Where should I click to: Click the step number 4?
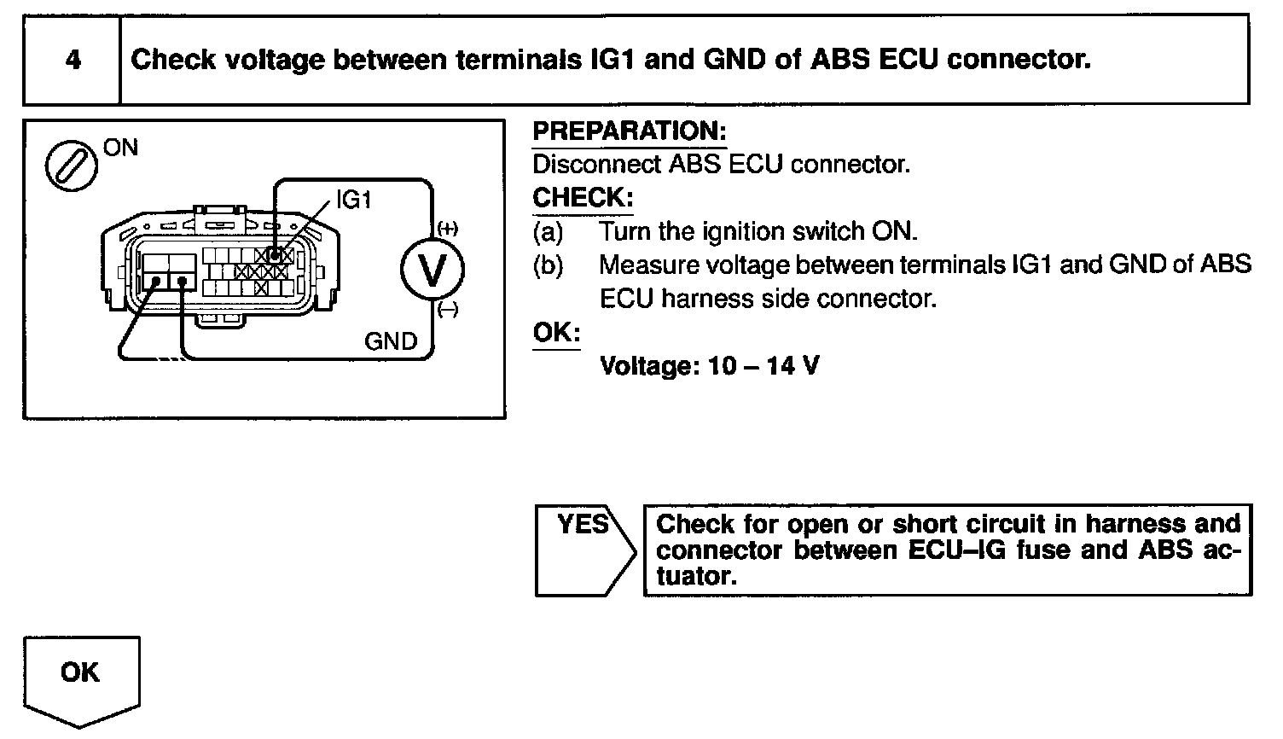pos(73,61)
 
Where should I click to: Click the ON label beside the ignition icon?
pos(119,148)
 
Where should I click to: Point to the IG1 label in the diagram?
pos(354,201)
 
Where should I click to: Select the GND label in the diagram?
pos(391,341)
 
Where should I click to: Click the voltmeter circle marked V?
pos(433,271)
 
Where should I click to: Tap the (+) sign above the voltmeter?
pos(447,229)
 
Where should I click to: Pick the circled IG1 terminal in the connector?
pos(275,254)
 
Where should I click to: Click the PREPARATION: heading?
pos(630,131)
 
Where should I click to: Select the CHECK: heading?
pos(583,198)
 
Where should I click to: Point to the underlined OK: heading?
pos(556,333)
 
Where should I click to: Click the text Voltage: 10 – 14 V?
pos(710,366)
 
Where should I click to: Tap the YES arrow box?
pos(583,549)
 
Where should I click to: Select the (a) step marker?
pos(548,232)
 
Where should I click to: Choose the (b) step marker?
pos(548,265)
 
